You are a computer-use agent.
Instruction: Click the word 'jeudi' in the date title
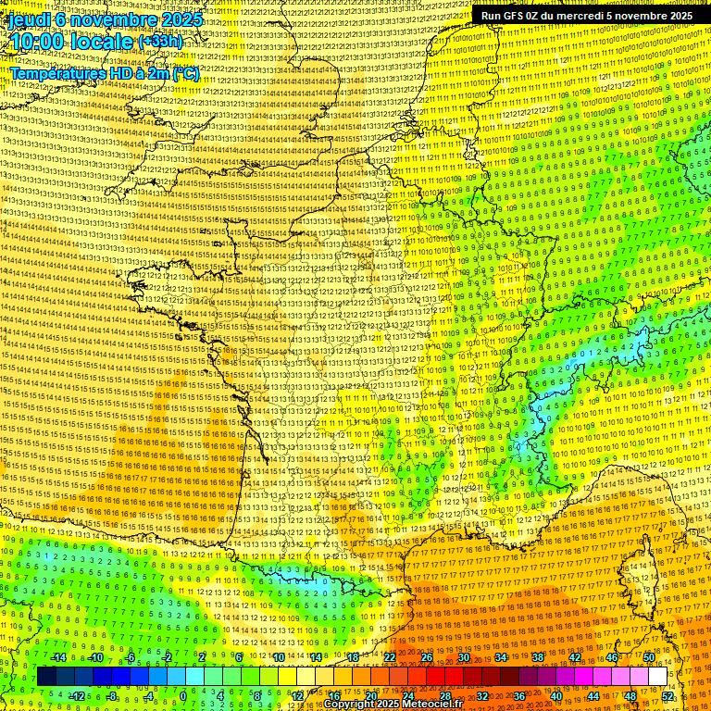[x=28, y=19]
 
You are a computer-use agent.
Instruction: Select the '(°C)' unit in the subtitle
[x=184, y=73]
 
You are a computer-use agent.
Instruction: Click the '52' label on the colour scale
[x=667, y=696]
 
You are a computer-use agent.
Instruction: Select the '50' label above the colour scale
[x=649, y=657]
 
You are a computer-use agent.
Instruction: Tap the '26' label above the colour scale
[x=427, y=657]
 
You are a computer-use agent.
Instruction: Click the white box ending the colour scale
[x=657, y=677]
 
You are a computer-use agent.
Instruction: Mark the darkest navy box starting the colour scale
[x=46, y=677]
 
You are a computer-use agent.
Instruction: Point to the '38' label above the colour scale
[x=538, y=657]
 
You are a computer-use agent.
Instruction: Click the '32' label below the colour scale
[x=482, y=696]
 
